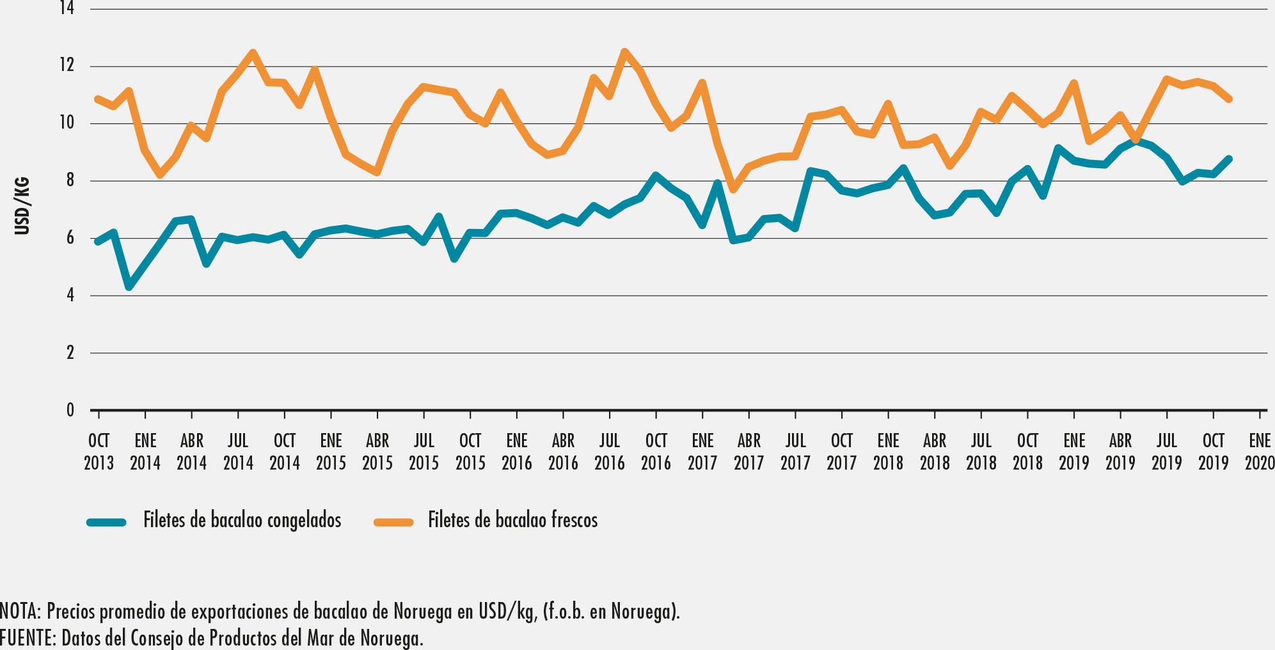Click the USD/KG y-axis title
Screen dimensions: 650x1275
pyautogui.click(x=22, y=206)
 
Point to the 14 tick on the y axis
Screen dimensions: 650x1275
pyautogui.click(x=67, y=8)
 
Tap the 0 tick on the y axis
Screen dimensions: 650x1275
pyautogui.click(x=70, y=410)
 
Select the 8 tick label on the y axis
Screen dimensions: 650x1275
pyautogui.click(x=70, y=181)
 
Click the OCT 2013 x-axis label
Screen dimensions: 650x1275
pyautogui.click(x=99, y=452)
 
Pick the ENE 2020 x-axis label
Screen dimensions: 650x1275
pyautogui.click(x=1259, y=452)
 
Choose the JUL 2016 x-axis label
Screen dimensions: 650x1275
pyautogui.click(x=609, y=452)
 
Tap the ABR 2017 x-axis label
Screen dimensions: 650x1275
pyautogui.click(x=748, y=452)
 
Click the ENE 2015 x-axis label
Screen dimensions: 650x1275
pyautogui.click(x=331, y=452)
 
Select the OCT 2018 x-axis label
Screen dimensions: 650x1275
pyautogui.click(x=1027, y=452)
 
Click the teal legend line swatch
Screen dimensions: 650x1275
pyautogui.click(x=107, y=522)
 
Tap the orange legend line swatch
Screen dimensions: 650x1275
pyautogui.click(x=393, y=522)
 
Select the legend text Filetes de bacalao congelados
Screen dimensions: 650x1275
pyautogui.click(x=242, y=520)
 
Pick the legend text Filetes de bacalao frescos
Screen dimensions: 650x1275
pyautogui.click(x=512, y=520)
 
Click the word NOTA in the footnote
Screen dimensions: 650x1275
pyautogui.click(x=19, y=612)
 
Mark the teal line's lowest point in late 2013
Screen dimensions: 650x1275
pyautogui.click(x=129, y=286)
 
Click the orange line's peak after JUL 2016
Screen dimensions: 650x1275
pyautogui.click(x=624, y=52)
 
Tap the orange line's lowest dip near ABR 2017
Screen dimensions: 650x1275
pyautogui.click(x=733, y=189)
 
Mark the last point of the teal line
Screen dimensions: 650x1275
pyautogui.click(x=1228, y=159)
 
